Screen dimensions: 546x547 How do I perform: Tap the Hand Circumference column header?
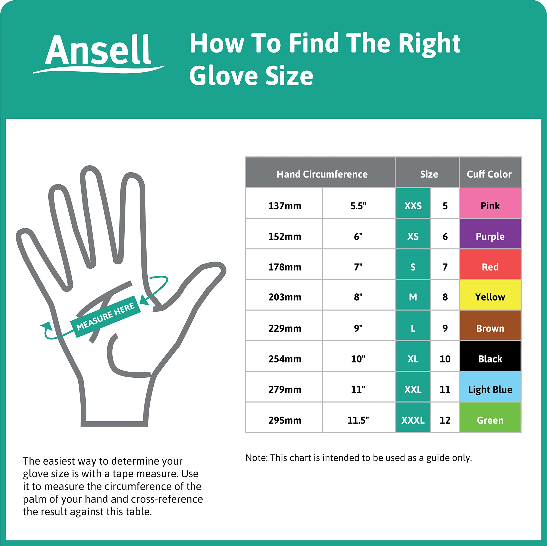(x=322, y=174)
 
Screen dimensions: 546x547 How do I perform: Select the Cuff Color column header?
(x=489, y=174)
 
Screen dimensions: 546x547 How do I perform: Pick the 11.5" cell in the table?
(x=358, y=420)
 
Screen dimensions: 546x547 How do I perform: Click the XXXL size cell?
(x=413, y=420)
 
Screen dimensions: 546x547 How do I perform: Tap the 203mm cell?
(x=285, y=297)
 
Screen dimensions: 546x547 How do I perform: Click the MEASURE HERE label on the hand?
(x=105, y=316)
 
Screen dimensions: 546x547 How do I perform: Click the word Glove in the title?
(x=224, y=76)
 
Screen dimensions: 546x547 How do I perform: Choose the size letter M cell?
(x=413, y=297)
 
